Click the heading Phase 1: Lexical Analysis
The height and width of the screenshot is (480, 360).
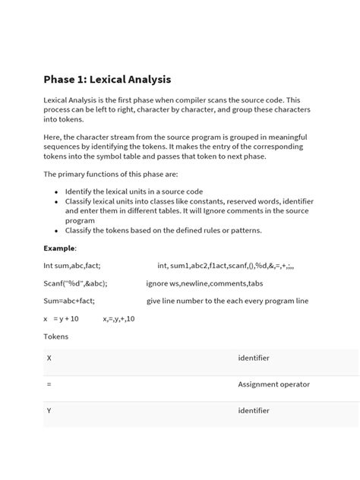tap(107, 79)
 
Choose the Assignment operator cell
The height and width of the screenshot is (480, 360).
tap(273, 384)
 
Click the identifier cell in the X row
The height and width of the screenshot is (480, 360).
tap(254, 357)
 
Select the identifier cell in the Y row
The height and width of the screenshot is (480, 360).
tap(254, 411)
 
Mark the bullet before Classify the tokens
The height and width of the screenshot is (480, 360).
tap(56, 230)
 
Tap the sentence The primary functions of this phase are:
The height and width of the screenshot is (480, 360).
tap(109, 174)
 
